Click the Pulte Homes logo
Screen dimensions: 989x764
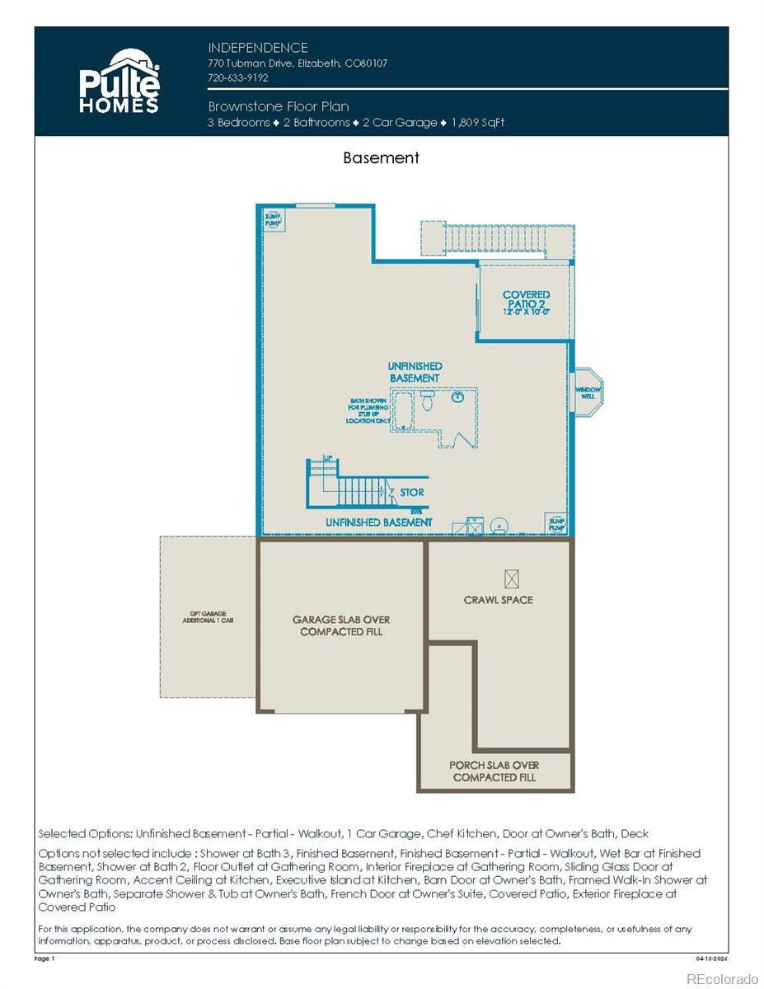[119, 81]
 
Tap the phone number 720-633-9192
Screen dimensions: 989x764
[238, 77]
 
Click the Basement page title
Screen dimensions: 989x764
[381, 157]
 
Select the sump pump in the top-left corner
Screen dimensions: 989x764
[273, 218]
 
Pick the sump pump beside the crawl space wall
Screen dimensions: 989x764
[556, 523]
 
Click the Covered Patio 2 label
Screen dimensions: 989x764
[526, 302]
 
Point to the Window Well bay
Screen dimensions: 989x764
[588, 392]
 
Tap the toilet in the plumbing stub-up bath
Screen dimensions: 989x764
[427, 401]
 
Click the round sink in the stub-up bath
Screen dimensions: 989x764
[458, 397]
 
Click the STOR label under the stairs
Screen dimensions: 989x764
[412, 492]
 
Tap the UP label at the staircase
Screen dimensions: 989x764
[327, 458]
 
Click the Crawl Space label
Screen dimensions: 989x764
[498, 600]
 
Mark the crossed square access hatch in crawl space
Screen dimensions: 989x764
[512, 579]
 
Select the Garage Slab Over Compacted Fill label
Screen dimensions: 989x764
[341, 626]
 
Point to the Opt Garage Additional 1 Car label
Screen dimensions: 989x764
[208, 617]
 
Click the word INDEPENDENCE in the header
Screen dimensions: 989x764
[258, 48]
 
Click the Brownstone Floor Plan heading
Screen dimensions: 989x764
[279, 106]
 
